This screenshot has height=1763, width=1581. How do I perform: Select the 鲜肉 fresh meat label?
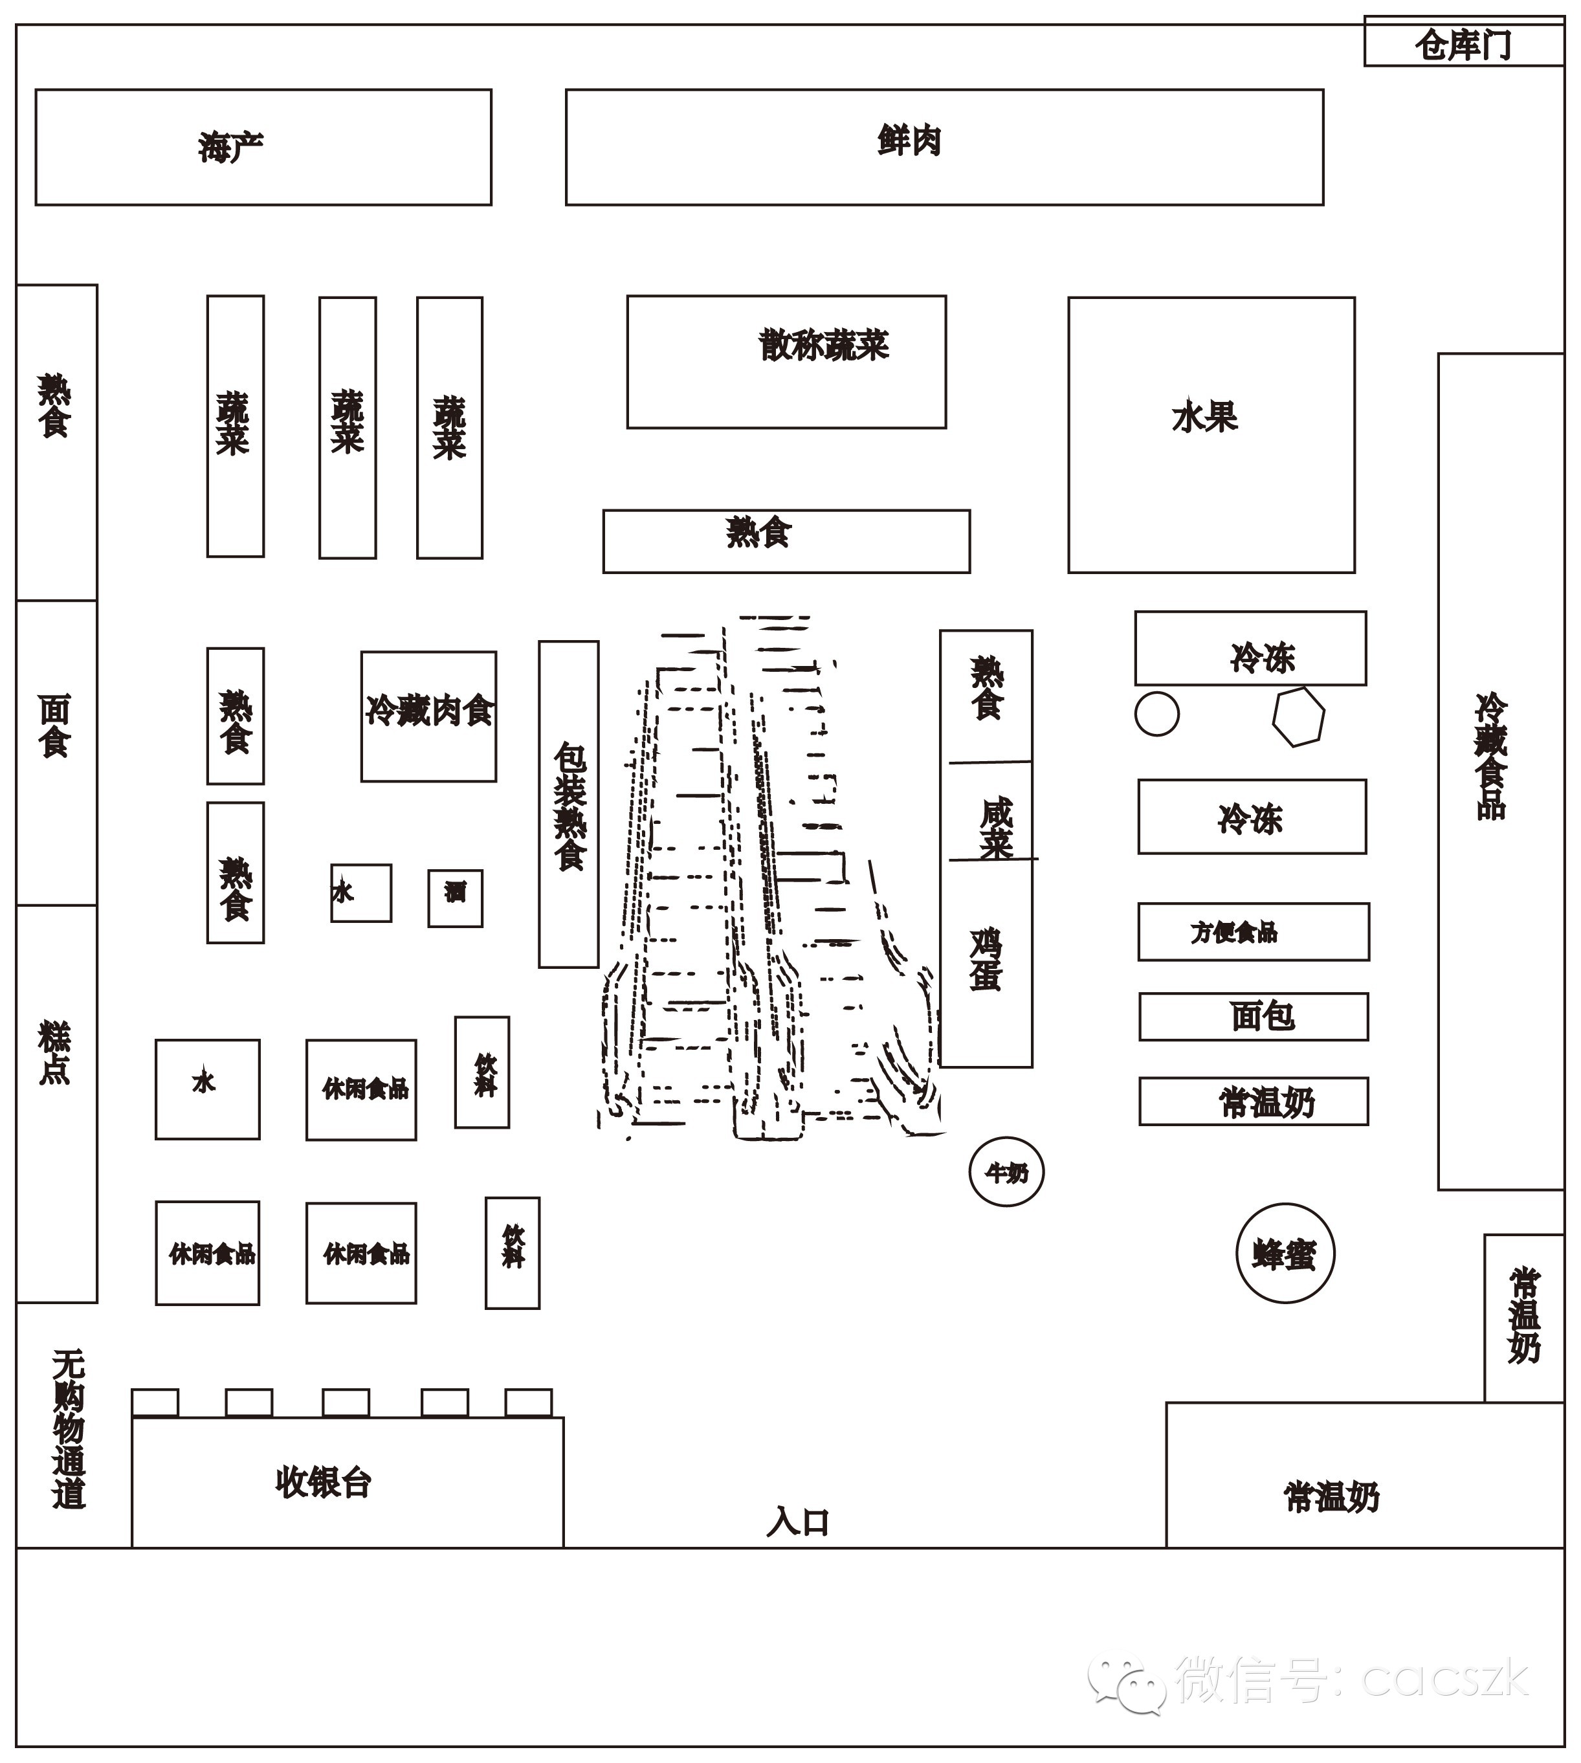[x=909, y=140]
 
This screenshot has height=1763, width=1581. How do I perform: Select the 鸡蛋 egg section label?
[x=986, y=959]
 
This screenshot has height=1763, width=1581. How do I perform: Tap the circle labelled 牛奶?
[x=1006, y=1172]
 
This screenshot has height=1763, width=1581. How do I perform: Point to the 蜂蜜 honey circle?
[x=1285, y=1254]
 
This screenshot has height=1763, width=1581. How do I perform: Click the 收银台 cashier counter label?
[x=323, y=1482]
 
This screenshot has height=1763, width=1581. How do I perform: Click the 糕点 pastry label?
[x=54, y=1053]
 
